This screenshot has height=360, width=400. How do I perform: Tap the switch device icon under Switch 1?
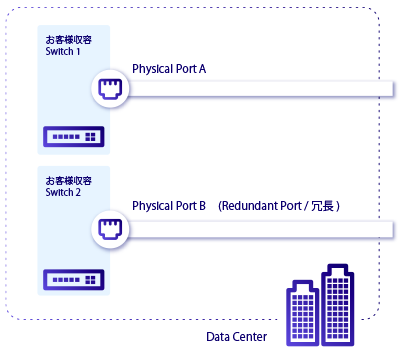click(73, 135)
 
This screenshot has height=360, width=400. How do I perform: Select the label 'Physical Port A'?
click(169, 69)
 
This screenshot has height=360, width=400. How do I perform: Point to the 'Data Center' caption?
click(236, 337)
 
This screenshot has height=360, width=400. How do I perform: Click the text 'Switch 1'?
click(63, 52)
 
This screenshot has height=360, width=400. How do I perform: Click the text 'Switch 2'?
click(63, 192)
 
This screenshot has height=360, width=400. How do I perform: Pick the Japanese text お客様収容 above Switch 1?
click(68, 41)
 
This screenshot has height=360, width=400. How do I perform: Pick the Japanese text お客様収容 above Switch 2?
click(68, 181)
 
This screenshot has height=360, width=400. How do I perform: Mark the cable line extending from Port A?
click(260, 91)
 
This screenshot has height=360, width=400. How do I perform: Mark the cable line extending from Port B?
click(260, 230)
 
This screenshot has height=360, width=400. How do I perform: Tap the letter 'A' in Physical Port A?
click(202, 69)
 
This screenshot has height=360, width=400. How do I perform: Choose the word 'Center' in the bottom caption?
click(250, 337)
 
